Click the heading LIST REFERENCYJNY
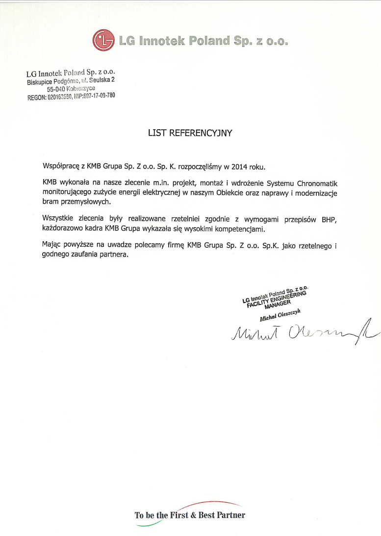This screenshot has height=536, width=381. click(190, 132)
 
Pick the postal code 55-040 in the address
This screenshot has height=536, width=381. click(56, 89)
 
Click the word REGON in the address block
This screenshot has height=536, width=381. click(36, 97)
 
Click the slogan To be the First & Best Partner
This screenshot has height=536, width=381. click(190, 515)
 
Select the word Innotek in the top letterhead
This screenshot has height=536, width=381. click(159, 41)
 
